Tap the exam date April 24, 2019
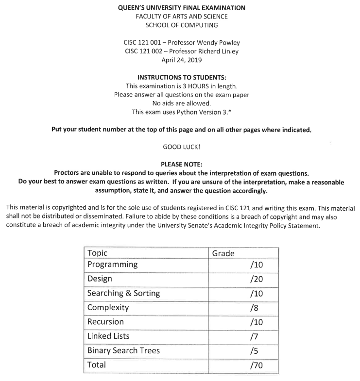[181, 60]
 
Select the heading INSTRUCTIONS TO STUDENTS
[182, 77]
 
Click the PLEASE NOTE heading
[181, 164]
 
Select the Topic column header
[98, 253]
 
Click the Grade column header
[223, 253]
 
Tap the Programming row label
[112, 265]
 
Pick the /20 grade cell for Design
[256, 279]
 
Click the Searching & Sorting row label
[123, 293]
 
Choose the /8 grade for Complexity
[254, 307]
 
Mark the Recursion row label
[105, 322]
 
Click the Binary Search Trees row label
[123, 350]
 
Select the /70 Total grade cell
[256, 365]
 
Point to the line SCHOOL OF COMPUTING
[182, 25]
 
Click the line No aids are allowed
[181, 103]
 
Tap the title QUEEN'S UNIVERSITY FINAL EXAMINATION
[182, 8]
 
